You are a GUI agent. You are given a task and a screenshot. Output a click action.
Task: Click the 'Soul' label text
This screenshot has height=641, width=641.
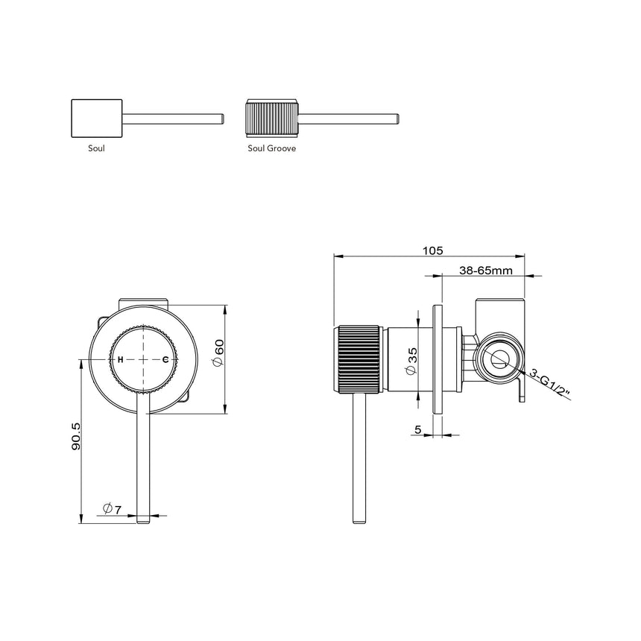click(96, 148)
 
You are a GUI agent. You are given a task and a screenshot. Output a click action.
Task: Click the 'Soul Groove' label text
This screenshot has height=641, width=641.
click(272, 148)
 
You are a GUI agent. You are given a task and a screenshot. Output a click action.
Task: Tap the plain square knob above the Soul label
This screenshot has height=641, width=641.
click(96, 118)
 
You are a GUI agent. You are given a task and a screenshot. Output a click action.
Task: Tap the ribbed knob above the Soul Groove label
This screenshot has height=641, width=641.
click(272, 118)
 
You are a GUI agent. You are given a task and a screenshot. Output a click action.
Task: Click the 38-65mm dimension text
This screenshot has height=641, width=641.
click(485, 271)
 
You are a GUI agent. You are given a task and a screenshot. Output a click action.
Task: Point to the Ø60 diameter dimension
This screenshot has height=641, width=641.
click(218, 352)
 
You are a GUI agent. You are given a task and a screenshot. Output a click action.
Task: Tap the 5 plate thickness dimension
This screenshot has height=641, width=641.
click(418, 429)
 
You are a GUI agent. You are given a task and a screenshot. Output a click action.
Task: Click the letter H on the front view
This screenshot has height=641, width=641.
click(120, 359)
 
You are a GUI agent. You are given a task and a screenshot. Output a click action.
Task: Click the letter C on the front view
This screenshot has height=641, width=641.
click(165, 359)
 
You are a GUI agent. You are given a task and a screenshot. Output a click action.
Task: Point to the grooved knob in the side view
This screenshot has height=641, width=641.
click(360, 358)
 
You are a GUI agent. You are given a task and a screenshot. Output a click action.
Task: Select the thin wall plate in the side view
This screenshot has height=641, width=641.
click(438, 358)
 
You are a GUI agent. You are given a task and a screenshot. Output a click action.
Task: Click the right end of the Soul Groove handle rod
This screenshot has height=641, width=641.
click(398, 118)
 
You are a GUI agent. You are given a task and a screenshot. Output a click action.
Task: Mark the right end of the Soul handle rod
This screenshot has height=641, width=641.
click(221, 118)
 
